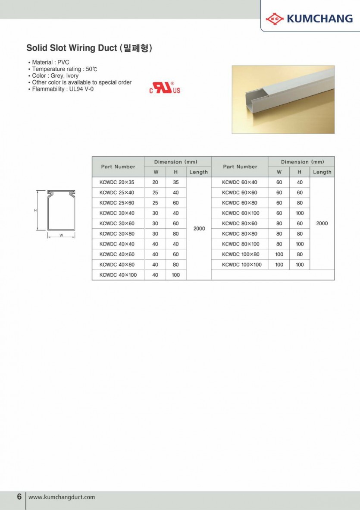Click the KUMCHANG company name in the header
tap(319, 19)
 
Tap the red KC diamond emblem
tap(275, 19)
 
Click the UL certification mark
tap(165, 88)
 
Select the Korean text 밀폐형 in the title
tap(136, 48)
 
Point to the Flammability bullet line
tap(63, 89)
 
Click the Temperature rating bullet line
tap(65, 69)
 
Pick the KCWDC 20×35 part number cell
tap(117, 183)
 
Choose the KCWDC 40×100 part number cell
tap(118, 275)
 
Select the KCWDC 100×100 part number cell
tap(241, 264)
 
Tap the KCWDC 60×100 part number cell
tap(241, 213)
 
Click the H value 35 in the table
tap(176, 183)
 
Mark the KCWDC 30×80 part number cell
tap(117, 234)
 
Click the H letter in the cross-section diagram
tap(35, 211)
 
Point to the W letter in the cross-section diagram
tap(61, 236)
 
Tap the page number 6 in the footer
tap(19, 497)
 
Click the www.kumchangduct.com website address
tap(62, 497)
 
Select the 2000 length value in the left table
tap(199, 228)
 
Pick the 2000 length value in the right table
tap(322, 224)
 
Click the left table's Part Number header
tap(118, 167)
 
